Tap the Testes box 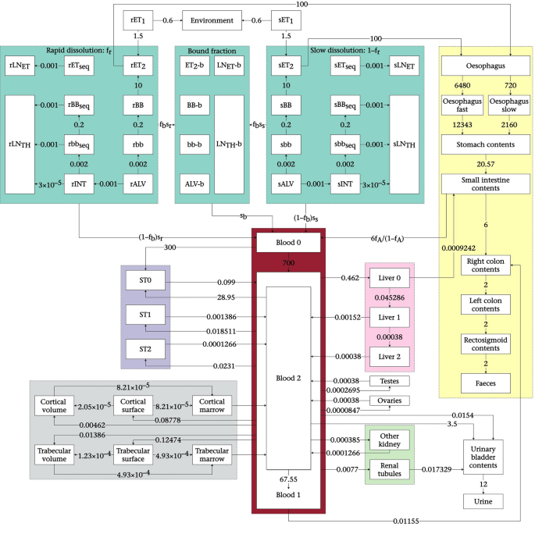coord(390,381)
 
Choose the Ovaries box coord(390,400)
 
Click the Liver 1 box coord(390,318)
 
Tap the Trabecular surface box coord(134,455)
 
